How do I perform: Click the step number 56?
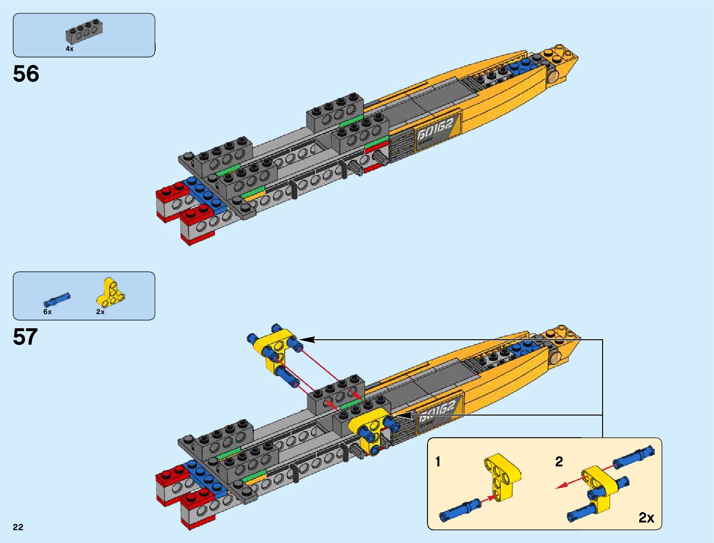click(26, 74)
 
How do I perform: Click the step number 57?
click(25, 337)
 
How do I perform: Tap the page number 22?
click(18, 527)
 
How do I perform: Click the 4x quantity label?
click(69, 49)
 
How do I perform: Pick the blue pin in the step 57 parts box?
click(57, 299)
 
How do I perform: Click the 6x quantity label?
click(47, 312)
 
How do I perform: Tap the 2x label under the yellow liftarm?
click(100, 312)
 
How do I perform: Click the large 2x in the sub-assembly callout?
click(646, 518)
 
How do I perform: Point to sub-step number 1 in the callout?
click(438, 462)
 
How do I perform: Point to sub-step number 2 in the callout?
click(559, 462)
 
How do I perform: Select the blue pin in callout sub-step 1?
click(459, 509)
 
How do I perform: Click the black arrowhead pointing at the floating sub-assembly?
click(307, 340)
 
